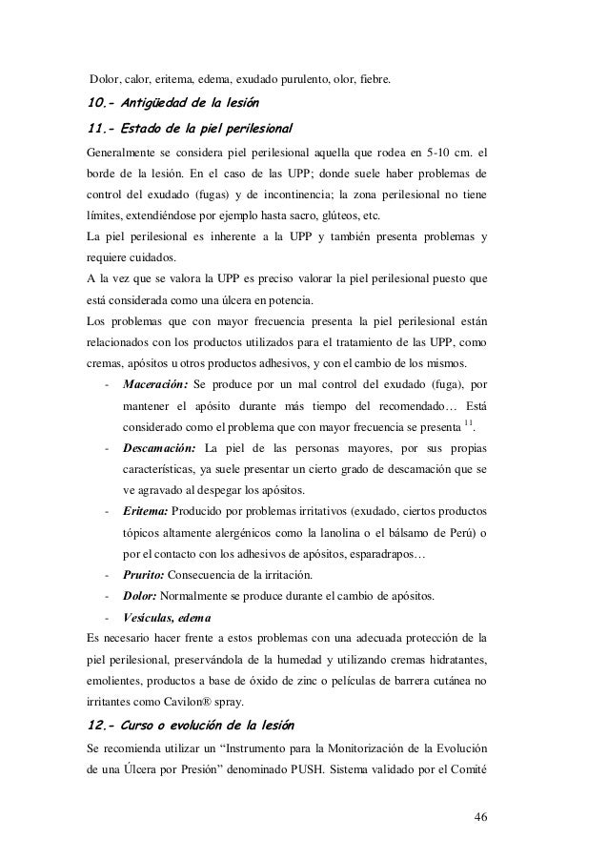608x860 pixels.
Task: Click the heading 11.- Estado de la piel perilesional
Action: pyautogui.click(x=188, y=127)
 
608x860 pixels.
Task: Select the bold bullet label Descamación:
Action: pyautogui.click(x=159, y=447)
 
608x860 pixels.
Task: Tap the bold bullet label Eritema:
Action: pyautogui.click(x=144, y=510)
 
